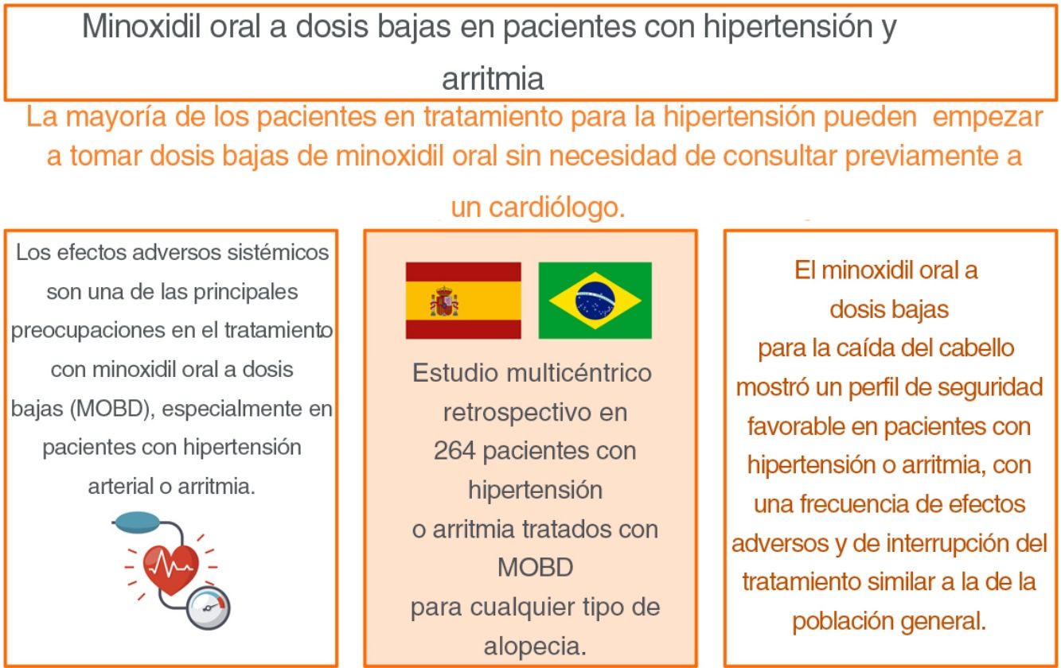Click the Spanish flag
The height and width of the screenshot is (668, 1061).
pyautogui.click(x=463, y=301)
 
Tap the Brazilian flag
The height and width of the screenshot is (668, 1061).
pyautogui.click(x=595, y=301)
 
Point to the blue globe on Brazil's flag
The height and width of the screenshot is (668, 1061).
pyautogui.click(x=595, y=301)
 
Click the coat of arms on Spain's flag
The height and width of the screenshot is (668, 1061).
pyautogui.click(x=444, y=301)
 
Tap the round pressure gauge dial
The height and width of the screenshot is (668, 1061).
pyautogui.click(x=209, y=608)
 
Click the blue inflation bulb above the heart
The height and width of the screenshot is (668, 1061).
pyautogui.click(x=138, y=522)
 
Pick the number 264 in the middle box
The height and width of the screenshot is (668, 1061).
pyautogui.click(x=454, y=450)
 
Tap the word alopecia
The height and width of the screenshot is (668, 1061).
pyautogui.click(x=535, y=647)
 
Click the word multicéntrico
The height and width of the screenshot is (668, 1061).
pyautogui.click(x=579, y=373)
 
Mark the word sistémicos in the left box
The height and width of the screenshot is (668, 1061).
pyautogui.click(x=278, y=252)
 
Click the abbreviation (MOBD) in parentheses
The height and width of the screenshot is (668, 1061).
pyautogui.click(x=113, y=409)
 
